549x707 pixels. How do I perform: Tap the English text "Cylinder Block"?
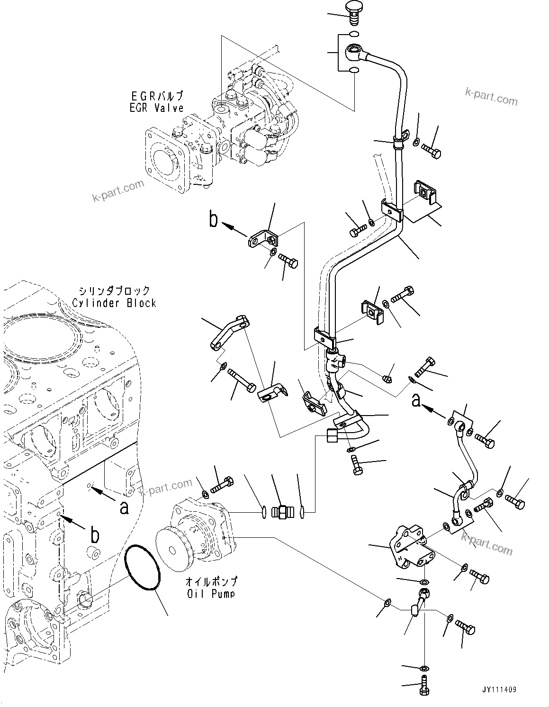[114, 303]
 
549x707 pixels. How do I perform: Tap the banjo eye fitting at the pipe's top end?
[354, 50]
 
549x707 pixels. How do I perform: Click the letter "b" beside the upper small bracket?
[214, 220]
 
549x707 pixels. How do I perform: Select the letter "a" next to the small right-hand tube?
[416, 401]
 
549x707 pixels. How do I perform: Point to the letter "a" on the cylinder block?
[124, 508]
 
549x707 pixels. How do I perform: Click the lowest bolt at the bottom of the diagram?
[424, 687]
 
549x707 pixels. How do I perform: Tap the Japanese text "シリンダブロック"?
[114, 290]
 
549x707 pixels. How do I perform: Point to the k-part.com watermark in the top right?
[491, 95]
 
